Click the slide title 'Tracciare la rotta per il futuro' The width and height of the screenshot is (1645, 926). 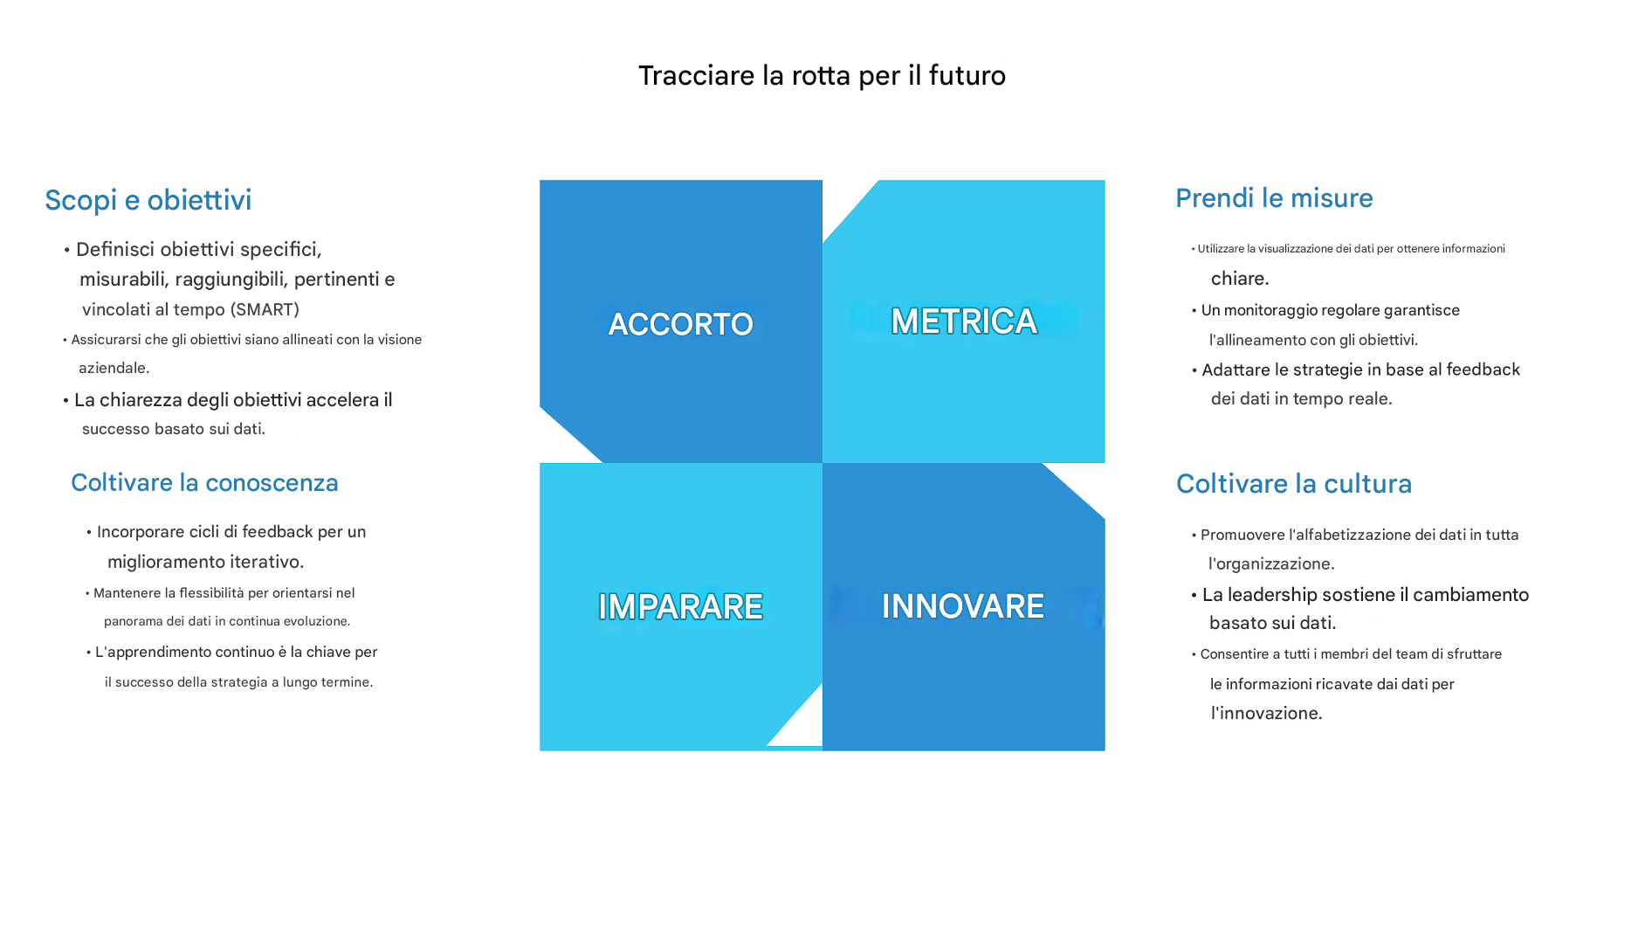coord(822,76)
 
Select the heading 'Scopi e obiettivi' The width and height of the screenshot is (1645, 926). coord(148,200)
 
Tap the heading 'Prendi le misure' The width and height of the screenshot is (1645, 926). coord(1274,198)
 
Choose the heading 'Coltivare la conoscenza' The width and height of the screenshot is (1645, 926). coord(204,483)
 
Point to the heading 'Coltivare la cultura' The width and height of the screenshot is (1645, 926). coord(1294,484)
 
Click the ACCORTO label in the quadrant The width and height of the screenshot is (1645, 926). coord(681,324)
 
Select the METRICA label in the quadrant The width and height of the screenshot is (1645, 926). coord(964,321)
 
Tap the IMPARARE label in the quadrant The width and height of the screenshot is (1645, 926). coord(681,606)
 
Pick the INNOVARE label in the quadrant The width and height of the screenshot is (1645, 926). coord(963,606)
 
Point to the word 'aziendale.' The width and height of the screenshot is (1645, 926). coord(114,369)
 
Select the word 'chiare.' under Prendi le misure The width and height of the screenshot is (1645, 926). coord(1240,279)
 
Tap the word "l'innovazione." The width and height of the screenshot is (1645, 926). coord(1266,714)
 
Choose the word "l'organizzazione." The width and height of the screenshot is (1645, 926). coord(1271,564)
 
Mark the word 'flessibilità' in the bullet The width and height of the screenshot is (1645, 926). coord(211,593)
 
